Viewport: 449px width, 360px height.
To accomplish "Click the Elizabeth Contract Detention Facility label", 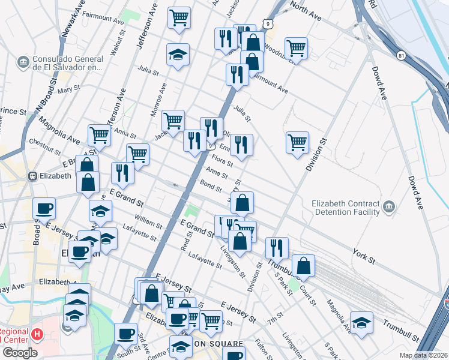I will point(345,207).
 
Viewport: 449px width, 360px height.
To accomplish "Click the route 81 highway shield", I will point(400,56).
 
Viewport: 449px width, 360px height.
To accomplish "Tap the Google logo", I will point(19,353).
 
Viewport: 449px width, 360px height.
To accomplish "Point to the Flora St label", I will point(222,160).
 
